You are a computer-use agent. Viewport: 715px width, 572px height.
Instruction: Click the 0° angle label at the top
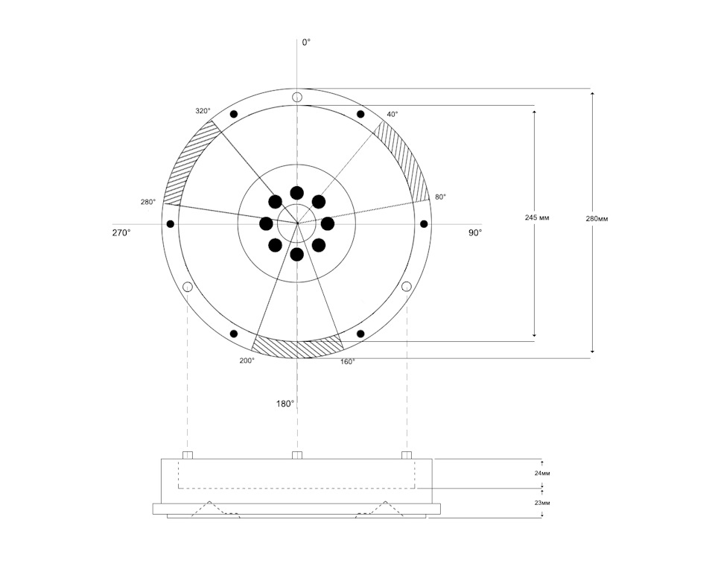coord(306,42)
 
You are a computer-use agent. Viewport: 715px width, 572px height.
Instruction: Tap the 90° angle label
coord(474,232)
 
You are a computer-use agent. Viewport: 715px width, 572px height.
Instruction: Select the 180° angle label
coord(285,404)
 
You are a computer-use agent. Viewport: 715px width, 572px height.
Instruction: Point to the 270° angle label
coord(121,232)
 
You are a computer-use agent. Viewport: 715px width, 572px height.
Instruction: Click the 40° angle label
coord(393,114)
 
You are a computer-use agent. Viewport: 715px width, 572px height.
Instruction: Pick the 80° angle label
coord(440,197)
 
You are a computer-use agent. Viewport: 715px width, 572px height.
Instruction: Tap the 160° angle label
coord(348,362)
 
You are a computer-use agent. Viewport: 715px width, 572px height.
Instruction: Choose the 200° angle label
coord(247,360)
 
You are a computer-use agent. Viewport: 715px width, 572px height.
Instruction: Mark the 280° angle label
coord(148,202)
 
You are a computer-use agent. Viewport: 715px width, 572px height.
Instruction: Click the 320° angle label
coord(203,111)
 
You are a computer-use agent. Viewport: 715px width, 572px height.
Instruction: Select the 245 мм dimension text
coord(537,217)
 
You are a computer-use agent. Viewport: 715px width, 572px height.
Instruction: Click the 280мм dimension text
coord(597,218)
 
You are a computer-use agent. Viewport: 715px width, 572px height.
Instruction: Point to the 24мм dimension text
coord(542,474)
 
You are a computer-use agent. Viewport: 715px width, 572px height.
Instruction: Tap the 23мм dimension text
coord(542,503)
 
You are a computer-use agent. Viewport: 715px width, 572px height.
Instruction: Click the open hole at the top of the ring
coord(297,97)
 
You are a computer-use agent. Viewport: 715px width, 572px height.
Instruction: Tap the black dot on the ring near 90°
coord(424,224)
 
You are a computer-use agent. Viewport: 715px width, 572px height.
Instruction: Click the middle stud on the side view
coord(297,455)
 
